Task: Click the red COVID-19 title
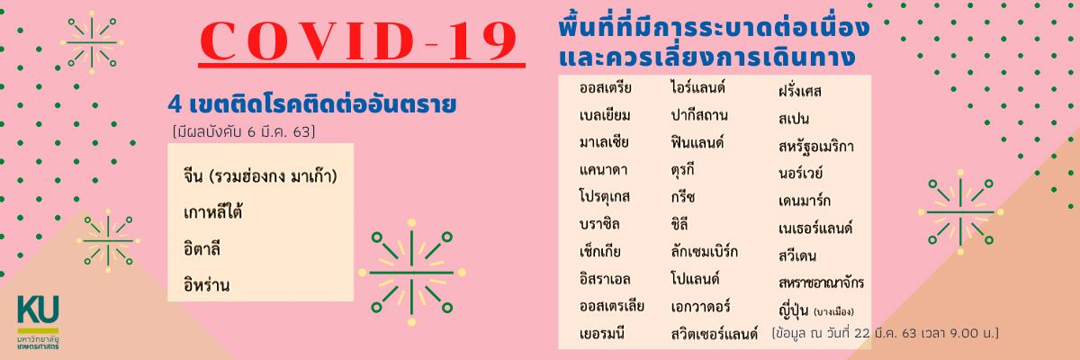pos(359,41)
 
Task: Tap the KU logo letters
pos(38,309)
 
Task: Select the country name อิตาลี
pos(202,248)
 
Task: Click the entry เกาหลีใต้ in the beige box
pos(212,211)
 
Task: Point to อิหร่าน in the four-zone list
pos(206,284)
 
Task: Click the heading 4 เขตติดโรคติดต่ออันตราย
pos(312,104)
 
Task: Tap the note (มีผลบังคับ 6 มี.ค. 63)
pos(244,131)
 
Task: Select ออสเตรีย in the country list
pos(606,88)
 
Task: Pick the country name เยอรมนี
pos(602,333)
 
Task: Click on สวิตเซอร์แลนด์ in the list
pos(714,334)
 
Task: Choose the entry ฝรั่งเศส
pos(800,91)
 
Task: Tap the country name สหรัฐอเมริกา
pos(815,147)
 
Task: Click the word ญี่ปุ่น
pos(793,310)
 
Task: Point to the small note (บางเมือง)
pos(833,311)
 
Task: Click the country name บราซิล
pos(599,223)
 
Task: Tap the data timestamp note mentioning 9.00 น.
pos(886,333)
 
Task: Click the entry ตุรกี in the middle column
pos(682,170)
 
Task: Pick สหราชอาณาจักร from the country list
pos(821,283)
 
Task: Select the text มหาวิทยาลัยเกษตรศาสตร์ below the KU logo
pos(38,343)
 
